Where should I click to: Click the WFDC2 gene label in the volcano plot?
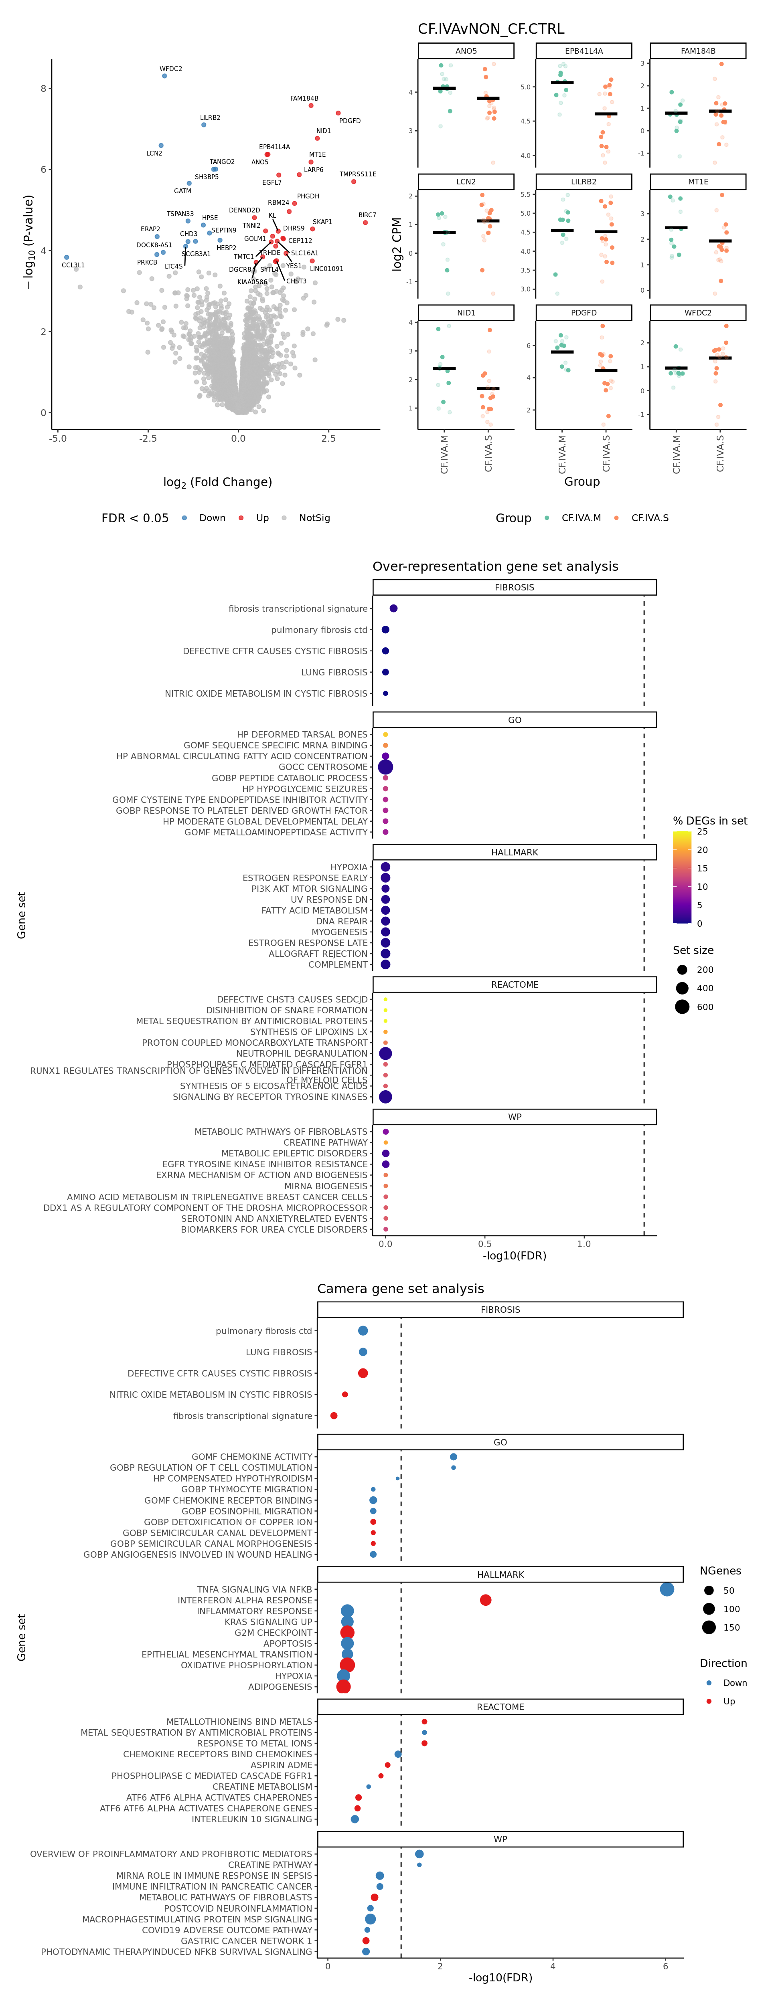[171, 69]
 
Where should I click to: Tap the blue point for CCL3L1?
[67, 257]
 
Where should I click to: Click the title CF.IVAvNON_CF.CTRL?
[491, 29]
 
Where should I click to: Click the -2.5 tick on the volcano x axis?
[148, 438]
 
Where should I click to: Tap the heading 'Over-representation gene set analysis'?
[495, 566]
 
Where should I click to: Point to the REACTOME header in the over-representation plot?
[515, 984]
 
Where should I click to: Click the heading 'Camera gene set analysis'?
[400, 1289]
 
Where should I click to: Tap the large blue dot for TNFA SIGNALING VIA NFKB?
[667, 1589]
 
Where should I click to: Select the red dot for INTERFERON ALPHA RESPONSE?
[486, 1600]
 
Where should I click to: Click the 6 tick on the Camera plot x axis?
[665, 1966]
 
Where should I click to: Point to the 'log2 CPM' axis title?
[397, 244]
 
